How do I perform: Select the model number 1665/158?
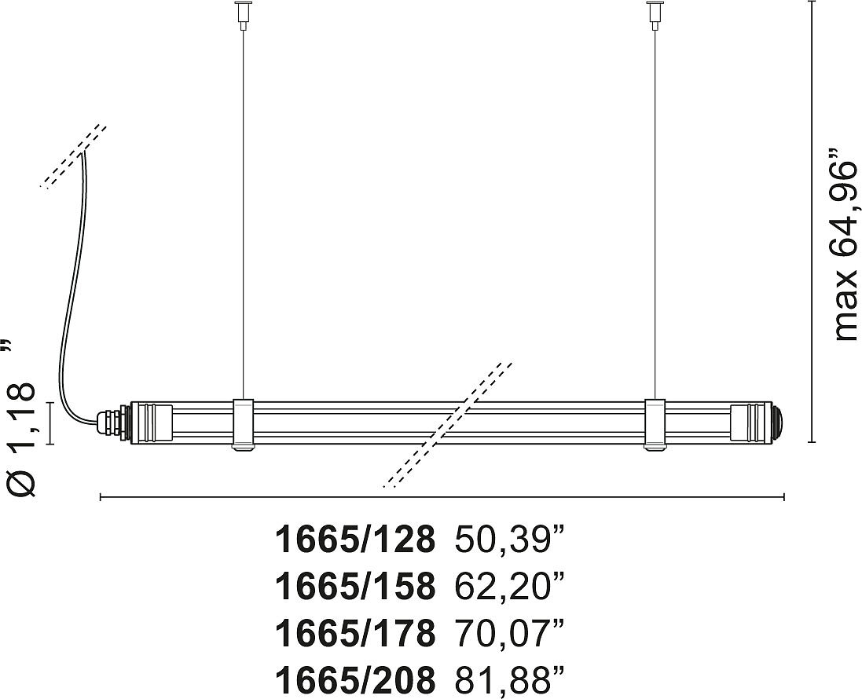[x=355, y=587]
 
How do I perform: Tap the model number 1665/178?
[x=355, y=634]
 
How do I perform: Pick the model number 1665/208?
[x=355, y=680]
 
